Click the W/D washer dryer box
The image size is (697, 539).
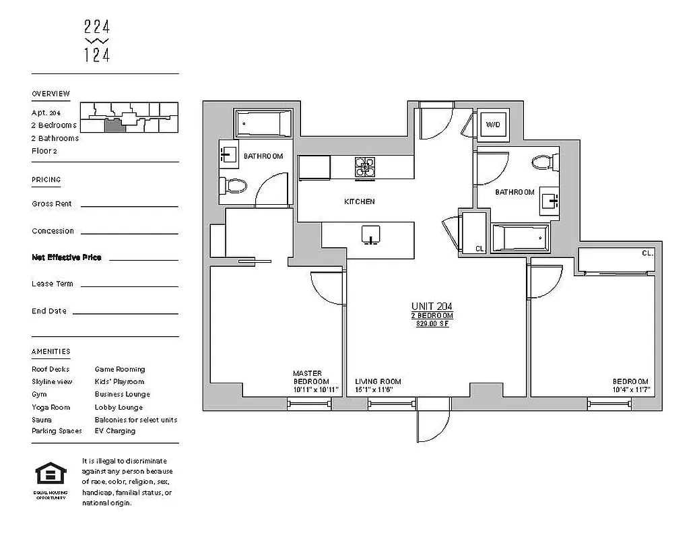tap(493, 124)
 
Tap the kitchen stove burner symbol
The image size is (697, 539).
tap(365, 168)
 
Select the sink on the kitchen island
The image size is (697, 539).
tap(370, 235)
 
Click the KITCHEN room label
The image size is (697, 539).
tap(359, 201)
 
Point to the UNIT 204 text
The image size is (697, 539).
tap(432, 306)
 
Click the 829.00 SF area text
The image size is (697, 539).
tap(432, 324)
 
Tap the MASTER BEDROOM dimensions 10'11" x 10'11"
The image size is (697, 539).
tap(310, 389)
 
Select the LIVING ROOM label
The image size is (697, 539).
tap(378, 381)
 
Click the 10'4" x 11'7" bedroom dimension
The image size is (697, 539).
tap(630, 389)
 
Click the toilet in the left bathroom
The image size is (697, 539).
tap(233, 184)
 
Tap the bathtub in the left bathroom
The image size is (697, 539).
tap(263, 124)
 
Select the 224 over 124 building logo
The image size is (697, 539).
tap(97, 41)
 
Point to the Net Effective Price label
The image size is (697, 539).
tap(67, 257)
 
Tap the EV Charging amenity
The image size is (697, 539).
tap(115, 431)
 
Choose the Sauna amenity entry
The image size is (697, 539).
tap(42, 419)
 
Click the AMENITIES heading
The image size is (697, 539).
tap(51, 352)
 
